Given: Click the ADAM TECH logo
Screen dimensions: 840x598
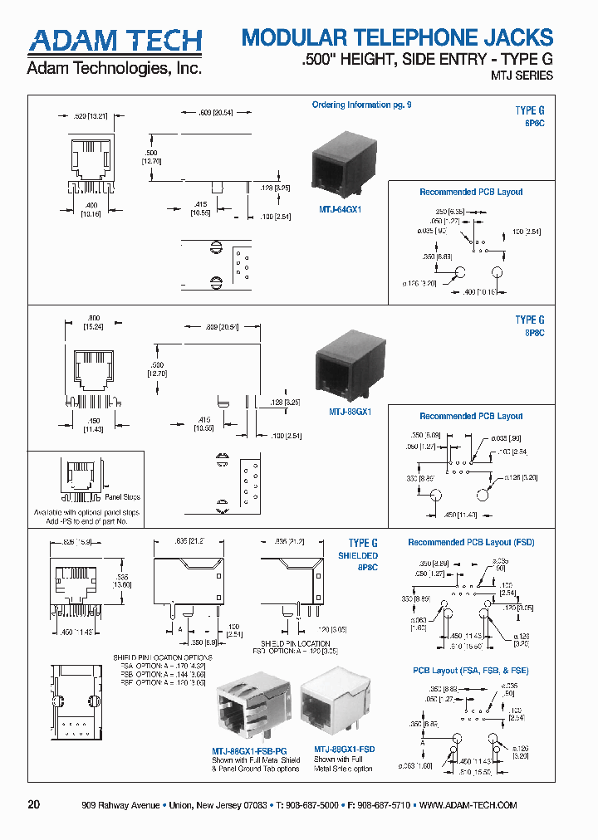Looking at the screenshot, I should tap(115, 42).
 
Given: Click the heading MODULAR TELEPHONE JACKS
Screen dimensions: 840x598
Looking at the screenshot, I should tap(396, 37).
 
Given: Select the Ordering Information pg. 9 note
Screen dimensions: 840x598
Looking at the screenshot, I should tap(361, 105).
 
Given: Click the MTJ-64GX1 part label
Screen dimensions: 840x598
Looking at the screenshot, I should tap(341, 210).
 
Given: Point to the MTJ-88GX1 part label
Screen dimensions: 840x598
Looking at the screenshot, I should tap(349, 412).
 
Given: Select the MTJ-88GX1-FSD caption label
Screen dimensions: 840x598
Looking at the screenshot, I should tap(344, 749).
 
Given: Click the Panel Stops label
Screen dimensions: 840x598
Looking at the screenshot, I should tap(122, 497).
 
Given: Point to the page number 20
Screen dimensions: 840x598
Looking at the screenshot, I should tap(33, 805).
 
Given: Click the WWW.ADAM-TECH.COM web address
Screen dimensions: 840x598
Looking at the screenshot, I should tap(468, 805).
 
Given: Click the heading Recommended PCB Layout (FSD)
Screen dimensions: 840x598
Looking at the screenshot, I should tap(471, 542).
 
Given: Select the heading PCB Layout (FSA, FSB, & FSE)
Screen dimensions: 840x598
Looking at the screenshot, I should tap(471, 671).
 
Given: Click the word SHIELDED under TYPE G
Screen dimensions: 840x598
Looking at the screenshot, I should tap(357, 555).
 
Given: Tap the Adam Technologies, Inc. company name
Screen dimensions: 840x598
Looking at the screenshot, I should tap(115, 69).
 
